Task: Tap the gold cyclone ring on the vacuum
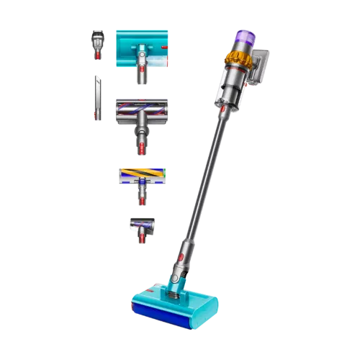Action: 235,58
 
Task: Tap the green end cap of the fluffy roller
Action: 166,175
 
